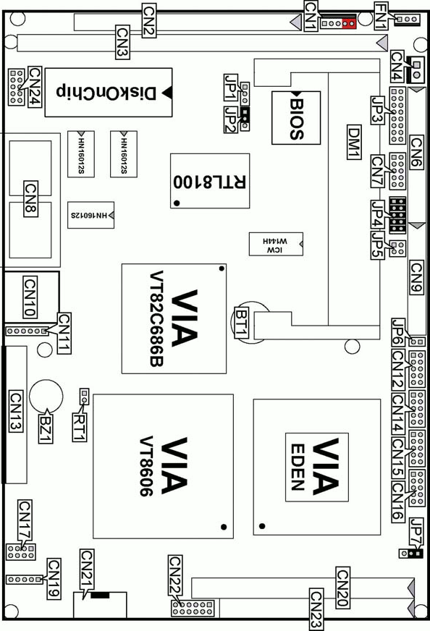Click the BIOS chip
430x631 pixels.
296,117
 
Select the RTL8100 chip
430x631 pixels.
210,181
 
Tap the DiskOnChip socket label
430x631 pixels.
106,93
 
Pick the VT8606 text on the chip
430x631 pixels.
146,467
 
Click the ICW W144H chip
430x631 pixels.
276,244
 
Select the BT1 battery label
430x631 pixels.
242,322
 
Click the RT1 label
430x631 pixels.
80,426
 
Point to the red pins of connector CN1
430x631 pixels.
349,24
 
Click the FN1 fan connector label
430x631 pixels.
381,16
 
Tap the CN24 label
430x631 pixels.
35,87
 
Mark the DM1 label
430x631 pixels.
354,142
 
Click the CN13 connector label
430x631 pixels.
16,411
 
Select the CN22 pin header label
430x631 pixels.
175,575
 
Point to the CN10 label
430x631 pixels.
30,297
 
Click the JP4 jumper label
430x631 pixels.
378,214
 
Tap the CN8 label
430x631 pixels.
31,199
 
